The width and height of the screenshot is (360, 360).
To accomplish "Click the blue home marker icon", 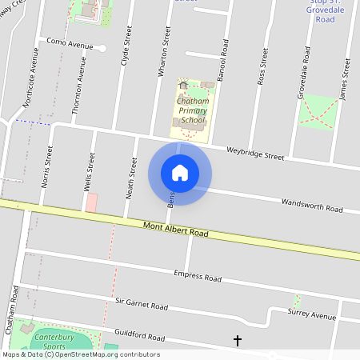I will click(180, 173).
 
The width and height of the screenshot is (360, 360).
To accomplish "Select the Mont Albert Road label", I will click(175, 233).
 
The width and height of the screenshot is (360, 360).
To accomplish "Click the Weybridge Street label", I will click(254, 152).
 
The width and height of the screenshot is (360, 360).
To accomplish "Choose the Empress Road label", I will click(197, 277).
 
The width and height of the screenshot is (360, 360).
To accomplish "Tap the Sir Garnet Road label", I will click(141, 305).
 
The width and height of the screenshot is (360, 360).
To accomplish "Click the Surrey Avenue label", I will click(313, 315).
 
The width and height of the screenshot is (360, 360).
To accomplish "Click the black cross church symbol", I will click(237, 342).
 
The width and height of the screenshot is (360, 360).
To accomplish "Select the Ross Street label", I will click(262, 65).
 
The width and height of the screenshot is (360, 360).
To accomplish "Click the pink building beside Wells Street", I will click(91, 202).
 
